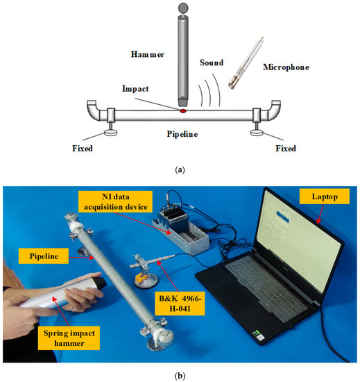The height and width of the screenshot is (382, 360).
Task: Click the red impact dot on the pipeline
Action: coord(182,110)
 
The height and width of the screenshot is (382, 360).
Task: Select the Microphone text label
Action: coord(285,67)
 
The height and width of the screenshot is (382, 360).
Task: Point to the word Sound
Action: coord(212,62)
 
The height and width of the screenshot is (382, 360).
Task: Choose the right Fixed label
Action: coord(282,148)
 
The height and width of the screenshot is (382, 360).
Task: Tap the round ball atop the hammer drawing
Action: coord(183,8)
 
